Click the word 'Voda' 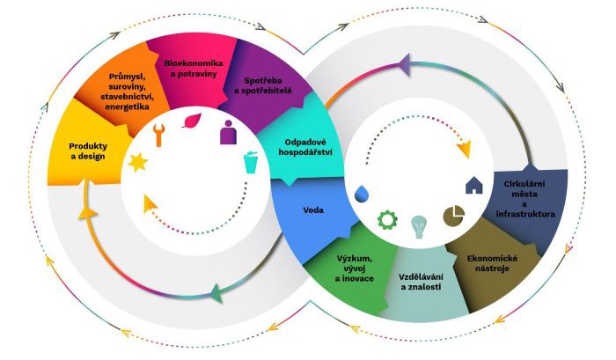point(314,210)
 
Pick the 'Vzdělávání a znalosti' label point(422,283)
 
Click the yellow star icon point(138,162)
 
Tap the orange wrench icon point(158,134)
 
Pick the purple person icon point(227,133)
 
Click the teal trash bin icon point(252,163)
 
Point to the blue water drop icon point(362,192)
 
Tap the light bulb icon point(420,226)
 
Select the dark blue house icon point(474,185)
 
